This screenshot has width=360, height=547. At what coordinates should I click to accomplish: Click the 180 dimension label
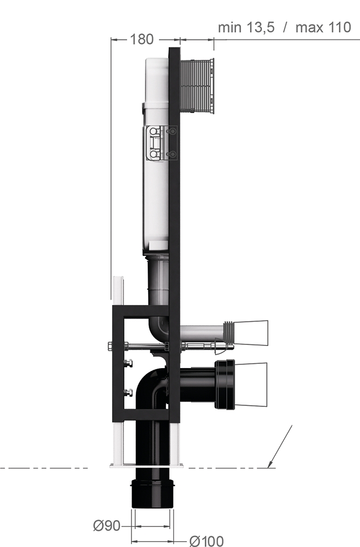click(142, 39)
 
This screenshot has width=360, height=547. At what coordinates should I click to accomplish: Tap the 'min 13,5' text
click(246, 27)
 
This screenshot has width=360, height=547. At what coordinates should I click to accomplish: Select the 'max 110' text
click(323, 27)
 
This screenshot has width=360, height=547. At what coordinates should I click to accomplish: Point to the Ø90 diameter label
click(107, 526)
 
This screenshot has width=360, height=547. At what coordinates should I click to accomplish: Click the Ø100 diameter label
click(206, 541)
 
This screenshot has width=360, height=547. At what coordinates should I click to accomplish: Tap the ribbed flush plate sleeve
click(197, 86)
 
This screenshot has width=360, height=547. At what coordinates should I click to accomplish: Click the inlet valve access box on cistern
click(160, 143)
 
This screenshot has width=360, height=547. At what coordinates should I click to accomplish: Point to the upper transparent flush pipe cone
click(251, 333)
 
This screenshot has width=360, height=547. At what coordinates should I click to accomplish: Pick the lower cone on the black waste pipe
click(251, 384)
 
